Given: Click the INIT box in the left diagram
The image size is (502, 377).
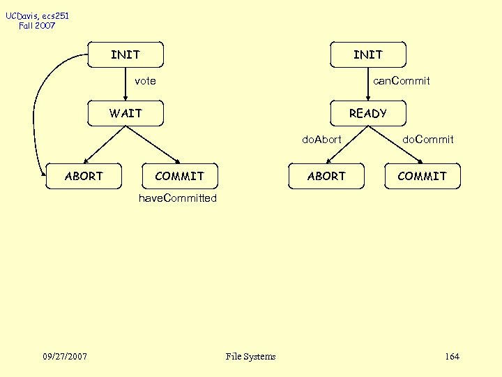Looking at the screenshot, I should tap(125, 54).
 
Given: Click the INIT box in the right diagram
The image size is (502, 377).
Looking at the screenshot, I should tap(367, 54).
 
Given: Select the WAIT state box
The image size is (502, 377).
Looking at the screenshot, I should tap(125, 113).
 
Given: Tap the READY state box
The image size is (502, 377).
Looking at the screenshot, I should tap(367, 113).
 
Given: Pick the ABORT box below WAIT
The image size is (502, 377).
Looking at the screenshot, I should tap(84, 176).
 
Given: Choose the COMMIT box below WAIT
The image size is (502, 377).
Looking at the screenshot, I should tap(179, 176).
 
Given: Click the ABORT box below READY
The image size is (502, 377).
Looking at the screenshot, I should tap(326, 176).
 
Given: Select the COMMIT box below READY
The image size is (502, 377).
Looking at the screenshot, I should tap(422, 176).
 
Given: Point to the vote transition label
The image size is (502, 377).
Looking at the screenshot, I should tap(145, 81).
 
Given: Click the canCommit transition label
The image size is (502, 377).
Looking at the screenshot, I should tap(401, 81).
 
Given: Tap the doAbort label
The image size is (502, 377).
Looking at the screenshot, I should tap(321, 140).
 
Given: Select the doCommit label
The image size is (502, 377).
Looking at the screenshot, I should tap(428, 140).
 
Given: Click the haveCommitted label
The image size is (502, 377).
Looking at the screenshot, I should tap(178, 198).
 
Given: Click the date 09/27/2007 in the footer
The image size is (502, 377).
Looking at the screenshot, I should tap(65, 357).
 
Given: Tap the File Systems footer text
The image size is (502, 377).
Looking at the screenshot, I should tap(251, 357).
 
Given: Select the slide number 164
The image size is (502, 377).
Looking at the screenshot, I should tap(452, 357).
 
